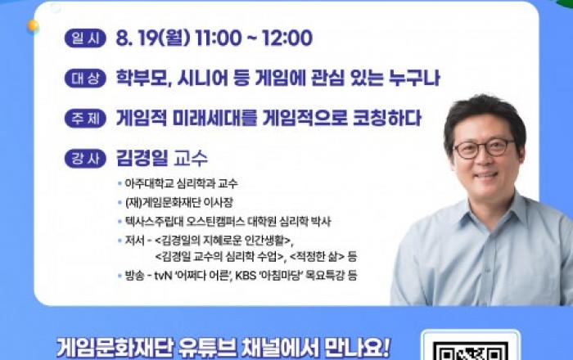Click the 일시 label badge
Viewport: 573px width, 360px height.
coord(85,38)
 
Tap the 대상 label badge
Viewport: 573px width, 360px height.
coord(85,79)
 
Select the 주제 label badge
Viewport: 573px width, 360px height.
coord(85,119)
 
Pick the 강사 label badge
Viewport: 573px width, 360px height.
coord(85,159)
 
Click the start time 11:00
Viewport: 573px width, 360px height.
coord(219,38)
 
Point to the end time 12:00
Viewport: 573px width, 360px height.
coord(287,38)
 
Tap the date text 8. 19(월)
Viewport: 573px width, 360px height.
coord(153,38)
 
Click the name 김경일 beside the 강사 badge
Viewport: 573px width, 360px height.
coord(142,158)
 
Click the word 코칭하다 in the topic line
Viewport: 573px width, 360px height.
coord(387,118)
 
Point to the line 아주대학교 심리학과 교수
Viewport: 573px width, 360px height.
coord(181,183)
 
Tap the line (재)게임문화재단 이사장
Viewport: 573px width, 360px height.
coord(178,202)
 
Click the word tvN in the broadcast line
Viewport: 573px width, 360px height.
coord(163,276)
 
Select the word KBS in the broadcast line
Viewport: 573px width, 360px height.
coord(246,276)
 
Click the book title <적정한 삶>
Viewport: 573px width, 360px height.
coord(317,256)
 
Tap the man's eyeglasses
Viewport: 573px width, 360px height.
coord(484,149)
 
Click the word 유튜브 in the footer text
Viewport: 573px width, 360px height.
coord(207,348)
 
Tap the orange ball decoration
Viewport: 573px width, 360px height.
coord(33,25)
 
